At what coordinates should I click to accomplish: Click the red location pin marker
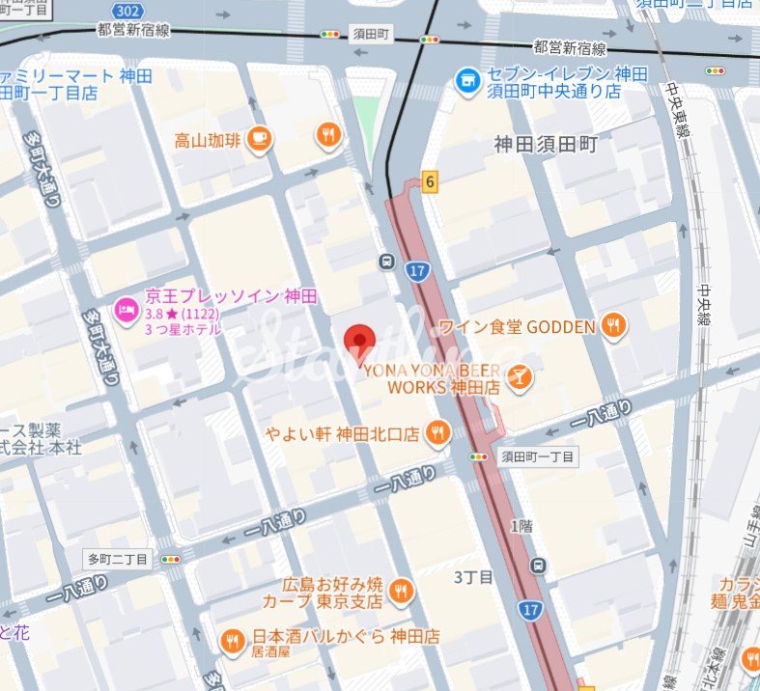(360, 341)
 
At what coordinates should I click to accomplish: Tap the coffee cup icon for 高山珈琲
(258, 140)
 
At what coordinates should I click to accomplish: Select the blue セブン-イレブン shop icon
(468, 81)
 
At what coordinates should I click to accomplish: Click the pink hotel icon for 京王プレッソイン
(125, 310)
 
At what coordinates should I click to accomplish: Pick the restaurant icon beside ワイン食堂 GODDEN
(613, 327)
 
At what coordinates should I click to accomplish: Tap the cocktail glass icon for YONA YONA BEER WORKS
(519, 377)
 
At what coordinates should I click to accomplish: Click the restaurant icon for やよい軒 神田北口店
(437, 433)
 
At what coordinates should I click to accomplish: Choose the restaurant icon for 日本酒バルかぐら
(232, 639)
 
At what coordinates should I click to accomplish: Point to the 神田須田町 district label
(546, 145)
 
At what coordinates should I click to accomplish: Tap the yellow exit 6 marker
(430, 180)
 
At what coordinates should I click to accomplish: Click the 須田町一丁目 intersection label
(538, 456)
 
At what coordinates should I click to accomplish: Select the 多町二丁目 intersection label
(118, 559)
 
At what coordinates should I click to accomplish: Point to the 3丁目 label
(473, 577)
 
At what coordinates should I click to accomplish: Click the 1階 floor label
(521, 526)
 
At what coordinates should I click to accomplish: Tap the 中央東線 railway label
(673, 111)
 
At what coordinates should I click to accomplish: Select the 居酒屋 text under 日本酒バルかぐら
(271, 652)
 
